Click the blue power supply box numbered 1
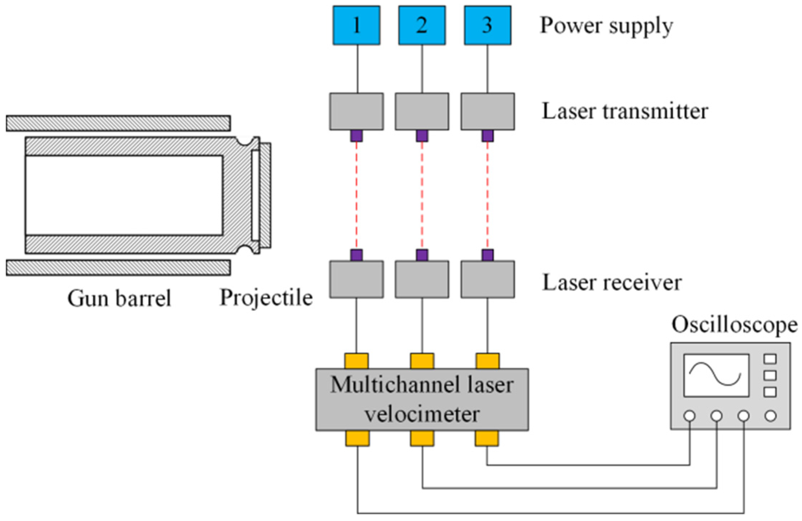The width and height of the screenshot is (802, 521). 356,25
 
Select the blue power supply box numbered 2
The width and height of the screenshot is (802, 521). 422,25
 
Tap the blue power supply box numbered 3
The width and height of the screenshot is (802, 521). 487,25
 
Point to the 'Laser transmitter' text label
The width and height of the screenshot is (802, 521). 625,111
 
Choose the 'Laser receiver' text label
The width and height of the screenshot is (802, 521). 612,282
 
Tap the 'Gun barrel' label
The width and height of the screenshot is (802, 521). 119,299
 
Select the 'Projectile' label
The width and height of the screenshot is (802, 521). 266,299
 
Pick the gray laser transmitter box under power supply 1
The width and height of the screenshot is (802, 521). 356,111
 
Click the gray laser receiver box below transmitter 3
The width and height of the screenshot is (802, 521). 487,279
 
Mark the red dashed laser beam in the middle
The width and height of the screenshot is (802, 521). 422,195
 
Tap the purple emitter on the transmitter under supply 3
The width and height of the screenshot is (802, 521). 487,136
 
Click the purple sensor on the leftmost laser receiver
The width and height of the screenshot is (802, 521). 356,255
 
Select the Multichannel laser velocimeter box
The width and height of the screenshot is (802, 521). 422,399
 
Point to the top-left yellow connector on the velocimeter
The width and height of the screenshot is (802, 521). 356,361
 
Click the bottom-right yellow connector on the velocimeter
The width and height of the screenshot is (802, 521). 487,438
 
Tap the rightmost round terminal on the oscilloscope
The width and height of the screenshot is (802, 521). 770,416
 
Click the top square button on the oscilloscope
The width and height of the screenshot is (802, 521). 770,359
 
